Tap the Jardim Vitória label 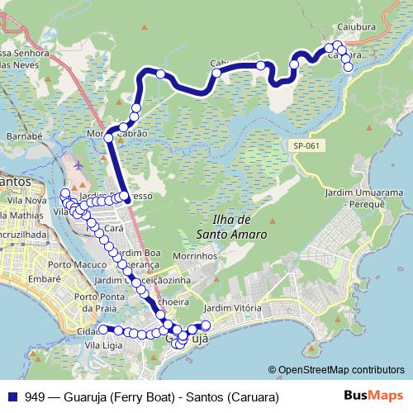[x=231, y=308]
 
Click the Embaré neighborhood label [x=23, y=279]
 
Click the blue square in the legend [x=12, y=396]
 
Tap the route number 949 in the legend [x=36, y=396]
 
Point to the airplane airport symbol [x=78, y=164]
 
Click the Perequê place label [x=369, y=202]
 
